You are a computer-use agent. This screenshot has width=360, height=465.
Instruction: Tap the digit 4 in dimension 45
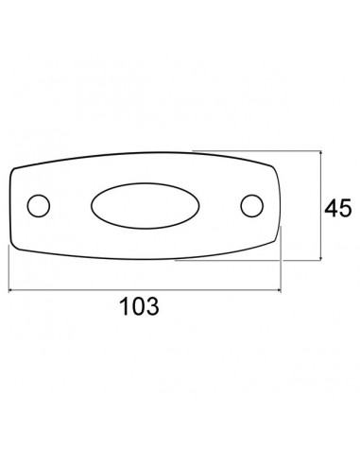[332, 208]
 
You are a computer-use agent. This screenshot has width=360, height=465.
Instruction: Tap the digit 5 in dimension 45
[345, 208]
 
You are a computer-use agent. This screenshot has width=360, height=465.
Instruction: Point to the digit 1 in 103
[125, 306]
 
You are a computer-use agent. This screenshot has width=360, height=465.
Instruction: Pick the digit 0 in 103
[139, 306]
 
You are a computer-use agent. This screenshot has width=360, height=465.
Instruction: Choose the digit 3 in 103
[153, 306]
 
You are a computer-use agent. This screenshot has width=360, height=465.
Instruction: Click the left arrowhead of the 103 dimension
[10, 290]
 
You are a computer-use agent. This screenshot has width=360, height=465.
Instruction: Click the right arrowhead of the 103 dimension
[279, 290]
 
